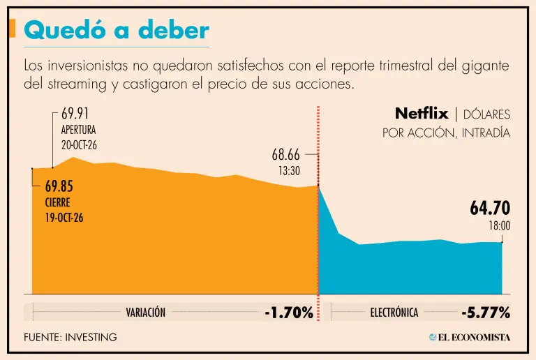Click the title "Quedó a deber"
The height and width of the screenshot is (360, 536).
click(117, 30)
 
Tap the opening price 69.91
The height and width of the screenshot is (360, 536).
click(75, 114)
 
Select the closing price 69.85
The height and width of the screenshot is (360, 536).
click(59, 186)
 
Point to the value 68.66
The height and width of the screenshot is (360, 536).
click(285, 155)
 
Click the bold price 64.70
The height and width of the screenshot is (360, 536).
click(490, 208)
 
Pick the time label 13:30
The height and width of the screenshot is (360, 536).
click(289, 170)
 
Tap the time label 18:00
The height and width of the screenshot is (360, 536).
click(500, 226)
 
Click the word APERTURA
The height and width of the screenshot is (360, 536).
click(78, 130)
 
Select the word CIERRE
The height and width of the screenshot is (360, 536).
click(57, 202)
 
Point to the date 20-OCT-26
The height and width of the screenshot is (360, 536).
click(79, 145)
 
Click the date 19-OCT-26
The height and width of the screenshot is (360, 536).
click(64, 218)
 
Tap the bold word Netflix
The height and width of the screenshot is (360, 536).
click(422, 114)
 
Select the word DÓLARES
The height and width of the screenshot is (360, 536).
click(486, 114)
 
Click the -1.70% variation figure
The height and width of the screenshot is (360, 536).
click(289, 313)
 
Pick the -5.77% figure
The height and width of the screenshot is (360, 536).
click(486, 313)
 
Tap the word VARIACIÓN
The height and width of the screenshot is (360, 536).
click(146, 312)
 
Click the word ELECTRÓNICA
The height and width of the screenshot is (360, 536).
click(394, 312)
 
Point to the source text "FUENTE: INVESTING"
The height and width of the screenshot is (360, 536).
click(70, 338)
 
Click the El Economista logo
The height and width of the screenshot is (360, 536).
click(470, 338)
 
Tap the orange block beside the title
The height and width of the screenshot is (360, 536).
click(12, 28)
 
